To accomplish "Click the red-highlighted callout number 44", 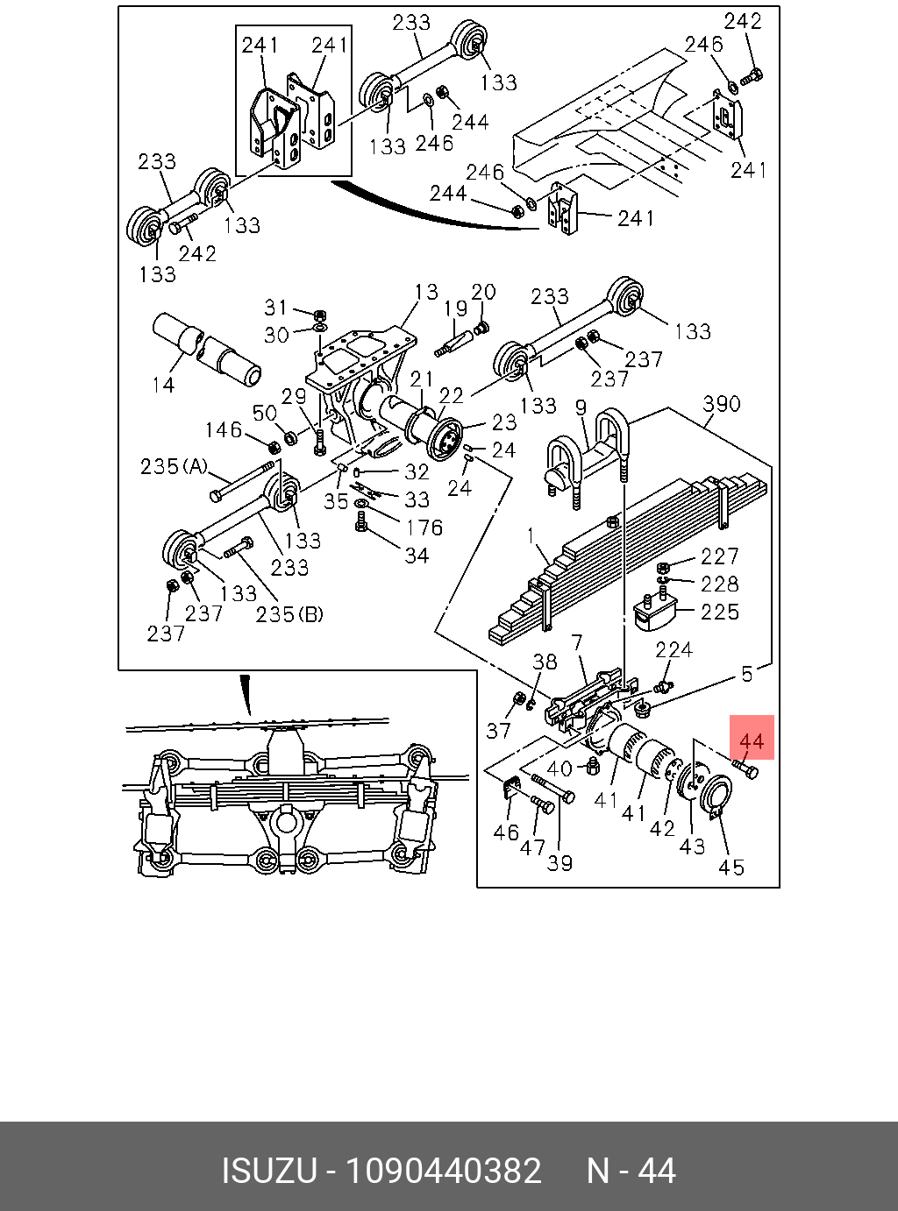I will point(752,742).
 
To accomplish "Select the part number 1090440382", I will point(444,1171).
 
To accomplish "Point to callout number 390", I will point(722,404).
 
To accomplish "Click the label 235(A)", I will point(174,466).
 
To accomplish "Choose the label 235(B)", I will point(289,614).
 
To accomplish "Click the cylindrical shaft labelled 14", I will point(207,350).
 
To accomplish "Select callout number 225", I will point(720,611).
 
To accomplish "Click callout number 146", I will point(224,429).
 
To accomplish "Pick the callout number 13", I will point(426,291).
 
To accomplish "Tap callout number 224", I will point(673,649).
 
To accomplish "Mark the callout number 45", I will point(731,867).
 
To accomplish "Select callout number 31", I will point(276,308).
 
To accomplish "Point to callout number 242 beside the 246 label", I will point(743,21).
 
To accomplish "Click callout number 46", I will point(506,832).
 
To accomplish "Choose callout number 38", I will point(545,662).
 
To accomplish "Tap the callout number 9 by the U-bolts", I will point(580,407).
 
